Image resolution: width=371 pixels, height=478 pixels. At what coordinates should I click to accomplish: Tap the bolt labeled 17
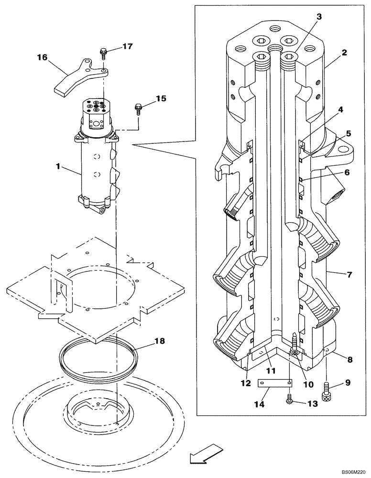103,52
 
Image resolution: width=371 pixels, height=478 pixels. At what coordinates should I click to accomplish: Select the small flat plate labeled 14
274,383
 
